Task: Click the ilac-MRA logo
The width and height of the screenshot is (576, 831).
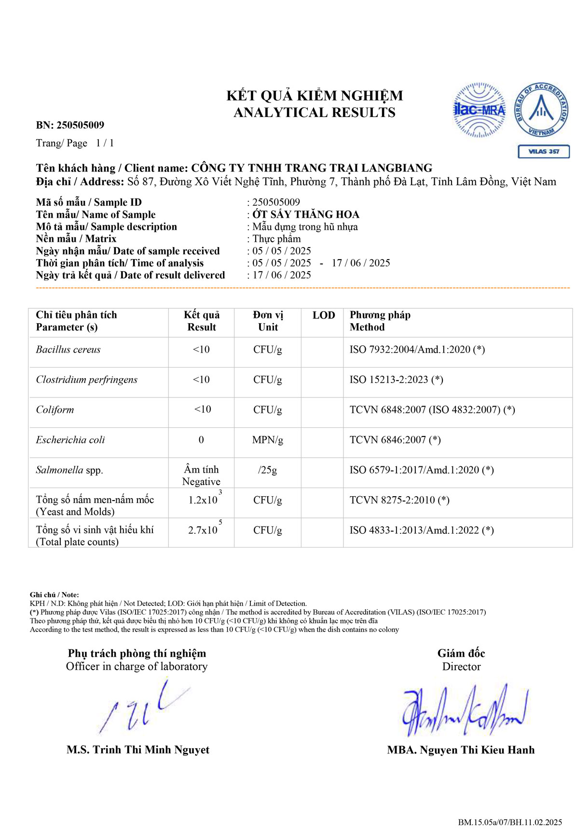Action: pos(479,110)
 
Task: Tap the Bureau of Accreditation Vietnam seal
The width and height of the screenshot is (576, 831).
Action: pos(542,110)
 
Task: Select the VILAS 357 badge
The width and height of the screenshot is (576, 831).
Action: pos(544,151)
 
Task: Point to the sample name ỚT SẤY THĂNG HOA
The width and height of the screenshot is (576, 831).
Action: pos(306,214)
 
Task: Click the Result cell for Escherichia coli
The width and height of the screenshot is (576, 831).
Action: pos(201,440)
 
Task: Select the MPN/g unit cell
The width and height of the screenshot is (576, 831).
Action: pos(267,440)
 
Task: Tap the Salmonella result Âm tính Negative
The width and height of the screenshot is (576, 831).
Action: pos(201,475)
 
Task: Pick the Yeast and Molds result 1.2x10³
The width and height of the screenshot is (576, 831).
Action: pos(204,500)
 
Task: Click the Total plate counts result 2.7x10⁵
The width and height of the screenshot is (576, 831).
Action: pos(204,529)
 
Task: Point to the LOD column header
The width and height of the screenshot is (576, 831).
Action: pos(323,316)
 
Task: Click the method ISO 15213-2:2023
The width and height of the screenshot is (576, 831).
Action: pos(396,380)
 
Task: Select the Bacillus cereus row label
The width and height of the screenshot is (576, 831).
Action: pos(68,350)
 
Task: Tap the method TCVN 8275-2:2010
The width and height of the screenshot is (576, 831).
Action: pos(399,500)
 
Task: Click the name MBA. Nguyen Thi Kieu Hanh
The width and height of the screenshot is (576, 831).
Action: pos(461,750)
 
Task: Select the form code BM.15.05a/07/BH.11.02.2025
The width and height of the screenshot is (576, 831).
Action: pos(510,822)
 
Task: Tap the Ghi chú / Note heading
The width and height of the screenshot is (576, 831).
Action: pos(54,595)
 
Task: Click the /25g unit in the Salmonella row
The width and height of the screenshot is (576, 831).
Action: pos(267,470)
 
